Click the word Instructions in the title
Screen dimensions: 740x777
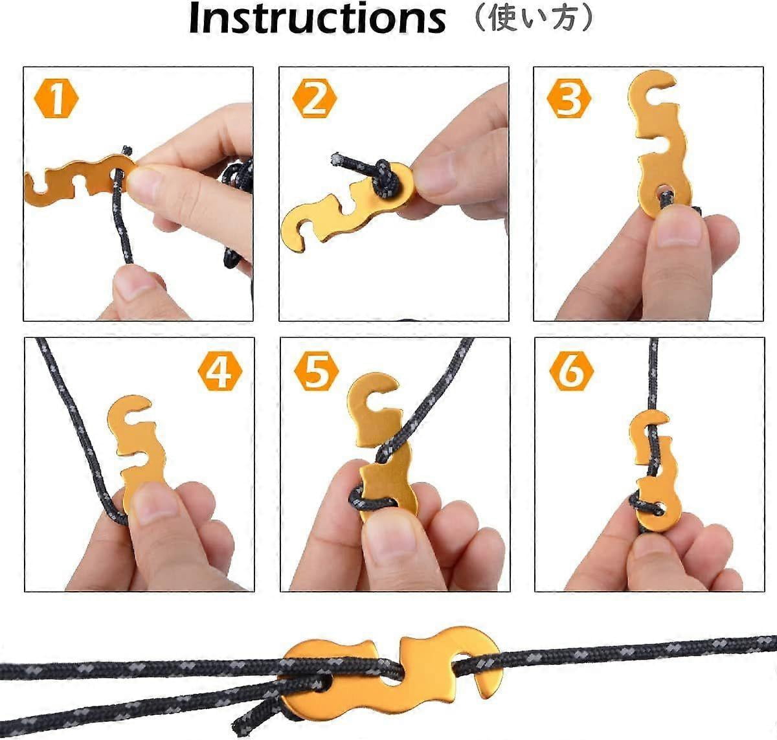click(317, 19)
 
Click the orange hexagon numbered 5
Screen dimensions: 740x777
click(316, 372)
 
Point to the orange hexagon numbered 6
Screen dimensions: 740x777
click(571, 372)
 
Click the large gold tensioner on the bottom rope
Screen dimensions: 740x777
click(388, 673)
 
